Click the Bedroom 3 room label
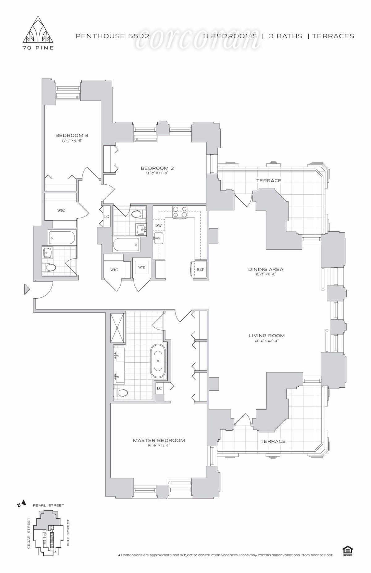click(x=70, y=135)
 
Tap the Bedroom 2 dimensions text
click(x=157, y=173)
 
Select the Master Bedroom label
click(x=159, y=440)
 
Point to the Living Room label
click(x=267, y=335)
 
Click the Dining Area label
click(x=266, y=269)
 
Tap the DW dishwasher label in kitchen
click(x=159, y=225)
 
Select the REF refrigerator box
click(x=200, y=269)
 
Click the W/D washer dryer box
click(x=142, y=267)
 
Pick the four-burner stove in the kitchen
click(x=180, y=212)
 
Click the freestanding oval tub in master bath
click(x=159, y=360)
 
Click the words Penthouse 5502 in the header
click(x=113, y=36)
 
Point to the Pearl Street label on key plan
click(x=49, y=505)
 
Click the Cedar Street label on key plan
click(x=29, y=535)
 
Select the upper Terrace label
click(x=269, y=180)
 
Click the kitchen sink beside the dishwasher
click(x=159, y=238)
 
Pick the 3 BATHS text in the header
click(x=286, y=36)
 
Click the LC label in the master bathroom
click(x=159, y=388)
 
